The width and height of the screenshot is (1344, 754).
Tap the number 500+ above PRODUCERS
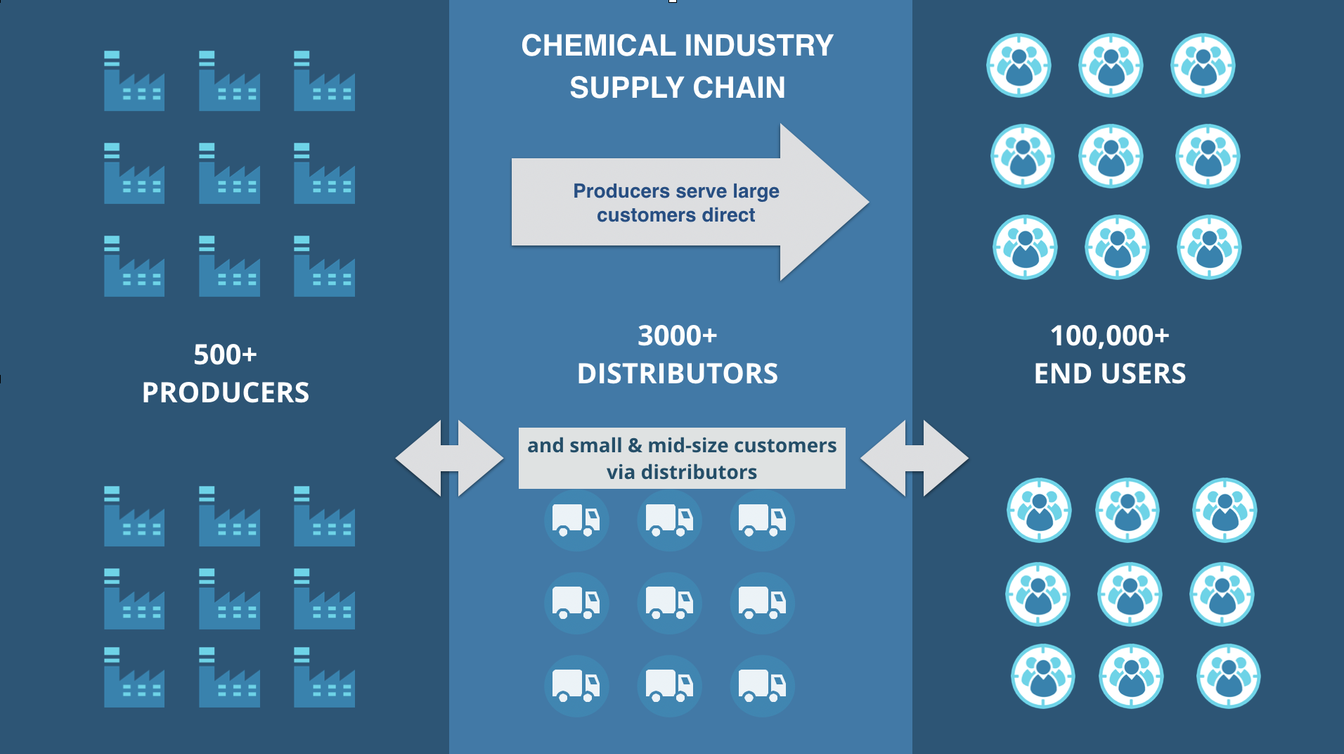pyautogui.click(x=225, y=354)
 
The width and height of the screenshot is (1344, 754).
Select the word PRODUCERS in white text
pyautogui.click(x=225, y=392)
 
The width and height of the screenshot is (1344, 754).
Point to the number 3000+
pyautogui.click(x=677, y=336)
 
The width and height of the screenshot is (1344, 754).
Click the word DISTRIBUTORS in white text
pyautogui.click(x=677, y=373)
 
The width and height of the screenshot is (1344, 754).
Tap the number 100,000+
pyautogui.click(x=1109, y=336)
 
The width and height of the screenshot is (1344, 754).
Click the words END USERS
pyautogui.click(x=1109, y=373)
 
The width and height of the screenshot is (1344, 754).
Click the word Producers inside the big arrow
pyautogui.click(x=621, y=191)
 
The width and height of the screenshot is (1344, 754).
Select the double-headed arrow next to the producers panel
pyautogui.click(x=449, y=459)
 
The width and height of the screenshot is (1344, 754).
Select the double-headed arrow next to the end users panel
pyautogui.click(x=914, y=459)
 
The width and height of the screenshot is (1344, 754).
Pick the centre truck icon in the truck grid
pyautogui.click(x=669, y=603)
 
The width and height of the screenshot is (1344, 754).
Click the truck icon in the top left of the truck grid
pyautogui.click(x=576, y=520)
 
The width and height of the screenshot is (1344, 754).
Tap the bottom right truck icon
pyautogui.click(x=762, y=686)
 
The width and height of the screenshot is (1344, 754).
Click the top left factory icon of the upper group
pyautogui.click(x=134, y=81)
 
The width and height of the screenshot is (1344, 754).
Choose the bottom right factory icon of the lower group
pyautogui.click(x=324, y=677)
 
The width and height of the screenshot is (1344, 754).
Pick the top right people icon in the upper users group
pyautogui.click(x=1203, y=65)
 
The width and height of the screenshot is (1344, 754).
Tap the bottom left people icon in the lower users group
pyautogui.click(x=1043, y=676)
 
